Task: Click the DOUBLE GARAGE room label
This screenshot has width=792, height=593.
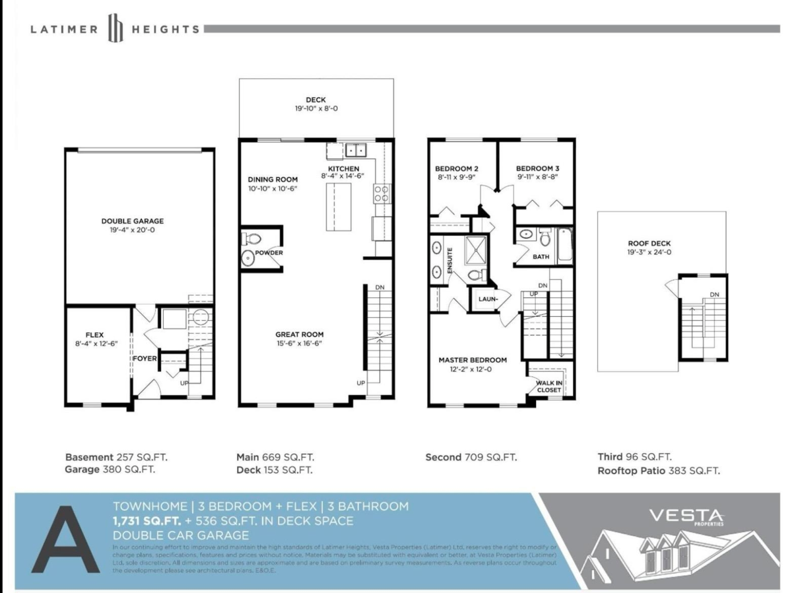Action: (133, 221)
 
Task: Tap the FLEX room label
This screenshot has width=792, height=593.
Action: (94, 335)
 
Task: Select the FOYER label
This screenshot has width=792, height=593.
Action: (145, 359)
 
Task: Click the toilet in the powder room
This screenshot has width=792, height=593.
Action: (253, 239)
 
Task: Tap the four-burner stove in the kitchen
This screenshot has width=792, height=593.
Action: (381, 193)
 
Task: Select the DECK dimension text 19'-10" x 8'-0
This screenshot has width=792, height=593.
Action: (317, 109)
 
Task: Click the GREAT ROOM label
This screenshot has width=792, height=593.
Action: (300, 334)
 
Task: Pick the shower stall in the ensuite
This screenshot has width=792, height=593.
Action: (475, 249)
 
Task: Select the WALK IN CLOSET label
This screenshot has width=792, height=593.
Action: (548, 386)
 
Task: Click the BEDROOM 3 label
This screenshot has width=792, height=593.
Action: (538, 168)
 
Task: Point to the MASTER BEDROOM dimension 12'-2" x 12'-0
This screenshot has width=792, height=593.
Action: (473, 369)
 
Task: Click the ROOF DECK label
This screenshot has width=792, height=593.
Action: (649, 244)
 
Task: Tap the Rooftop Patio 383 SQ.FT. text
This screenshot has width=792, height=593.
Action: (658, 471)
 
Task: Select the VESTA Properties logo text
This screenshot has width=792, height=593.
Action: (686, 515)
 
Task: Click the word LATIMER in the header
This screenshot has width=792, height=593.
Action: (64, 29)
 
